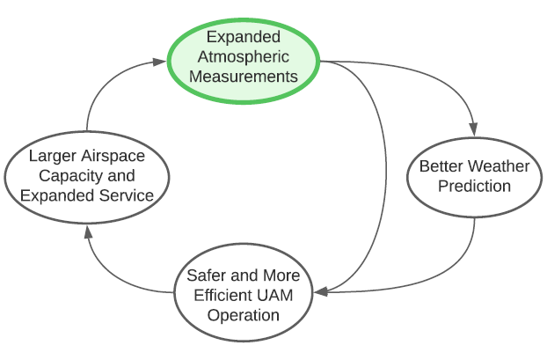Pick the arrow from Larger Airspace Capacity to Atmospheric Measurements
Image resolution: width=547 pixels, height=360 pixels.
(97, 88)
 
